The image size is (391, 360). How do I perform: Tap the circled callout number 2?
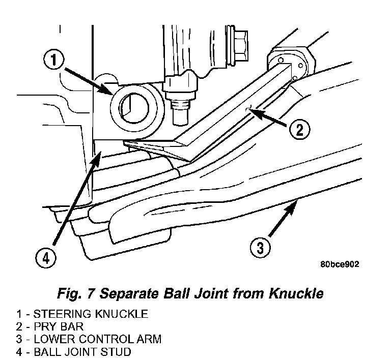coord(299,130)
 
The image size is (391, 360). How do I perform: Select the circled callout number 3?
coord(260,249)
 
